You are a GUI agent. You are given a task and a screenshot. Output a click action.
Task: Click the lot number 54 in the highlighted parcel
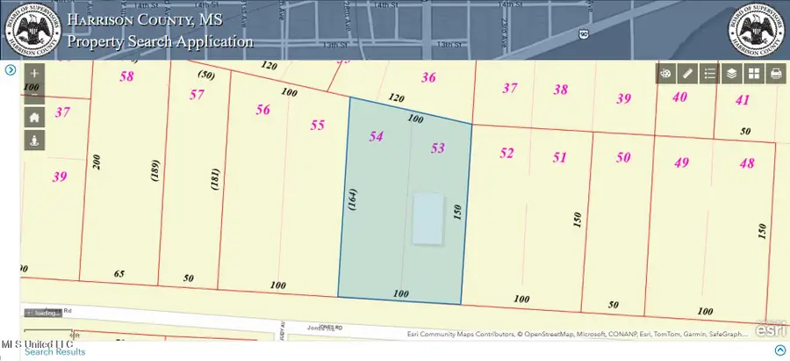(376, 137)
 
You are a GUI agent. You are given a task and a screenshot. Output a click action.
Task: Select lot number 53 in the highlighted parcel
(438, 148)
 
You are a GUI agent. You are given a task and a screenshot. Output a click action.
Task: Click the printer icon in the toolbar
(776, 74)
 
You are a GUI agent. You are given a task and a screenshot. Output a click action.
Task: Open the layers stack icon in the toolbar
(730, 74)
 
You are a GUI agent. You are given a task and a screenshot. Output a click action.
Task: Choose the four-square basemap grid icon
(753, 74)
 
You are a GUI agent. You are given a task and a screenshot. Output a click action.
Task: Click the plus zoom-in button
(34, 74)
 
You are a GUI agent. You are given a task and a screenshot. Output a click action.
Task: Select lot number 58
(127, 76)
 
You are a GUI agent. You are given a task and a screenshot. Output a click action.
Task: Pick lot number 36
(428, 77)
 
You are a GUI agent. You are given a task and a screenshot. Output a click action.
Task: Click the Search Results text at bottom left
(55, 351)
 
